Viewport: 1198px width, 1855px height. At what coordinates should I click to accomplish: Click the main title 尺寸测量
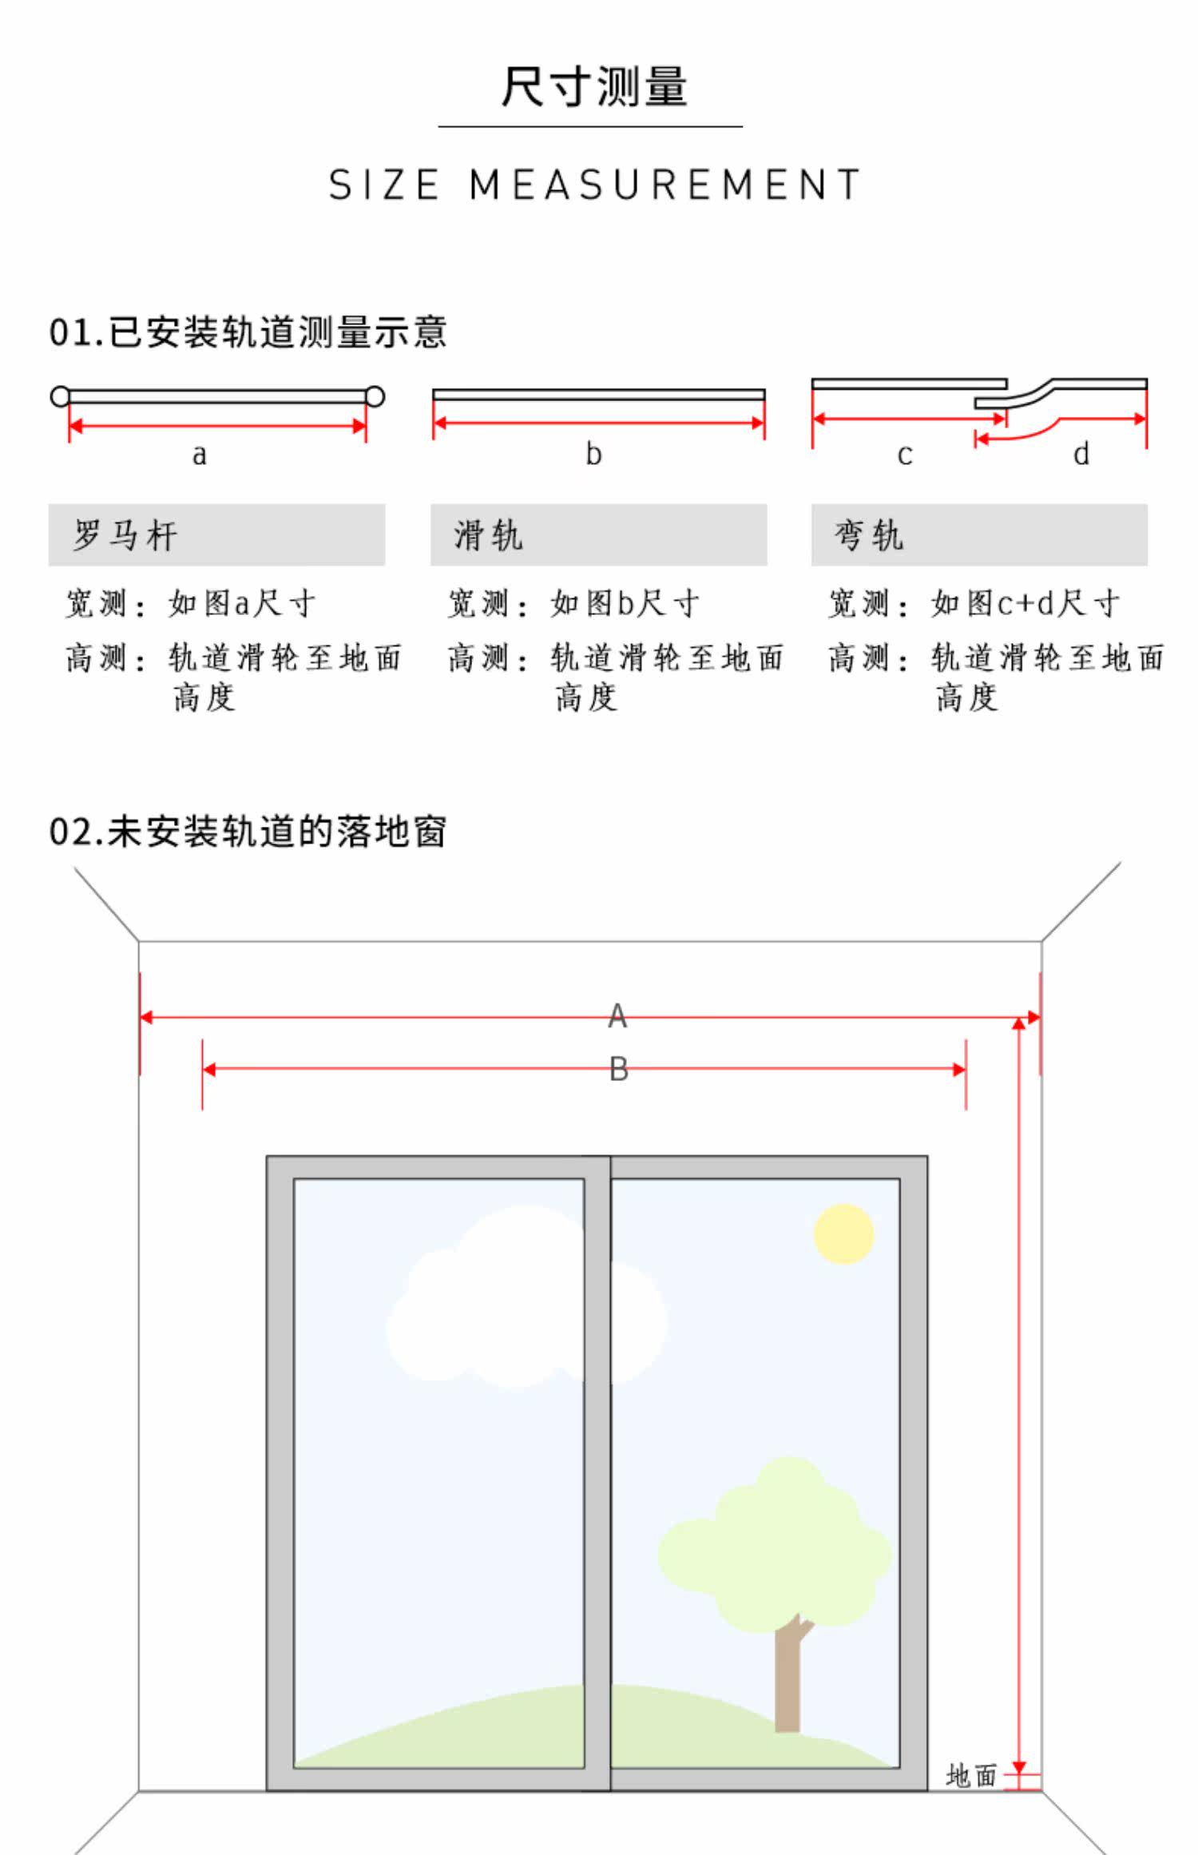[594, 86]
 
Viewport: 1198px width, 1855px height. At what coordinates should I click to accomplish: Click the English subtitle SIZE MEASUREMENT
[595, 185]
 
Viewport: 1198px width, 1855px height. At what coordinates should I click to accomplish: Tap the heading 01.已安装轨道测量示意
[248, 332]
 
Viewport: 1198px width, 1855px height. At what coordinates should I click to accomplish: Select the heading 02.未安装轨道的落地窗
[248, 832]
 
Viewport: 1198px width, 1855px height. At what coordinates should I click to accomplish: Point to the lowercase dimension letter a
[199, 455]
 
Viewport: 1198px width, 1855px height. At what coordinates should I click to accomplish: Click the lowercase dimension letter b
[593, 454]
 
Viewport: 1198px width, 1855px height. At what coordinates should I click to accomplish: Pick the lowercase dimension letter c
[904, 455]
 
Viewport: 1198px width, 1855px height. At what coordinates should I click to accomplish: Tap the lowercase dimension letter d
[1081, 454]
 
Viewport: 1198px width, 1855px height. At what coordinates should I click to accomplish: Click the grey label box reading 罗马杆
[216, 534]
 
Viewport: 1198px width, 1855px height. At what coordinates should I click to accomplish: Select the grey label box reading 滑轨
[598, 534]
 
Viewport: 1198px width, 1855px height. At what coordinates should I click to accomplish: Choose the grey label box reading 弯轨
[979, 534]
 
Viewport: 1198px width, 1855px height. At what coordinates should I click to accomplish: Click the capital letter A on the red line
[617, 1016]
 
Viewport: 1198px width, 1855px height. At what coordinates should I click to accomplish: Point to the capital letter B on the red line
[619, 1070]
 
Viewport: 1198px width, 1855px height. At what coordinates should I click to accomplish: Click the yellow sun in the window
[843, 1233]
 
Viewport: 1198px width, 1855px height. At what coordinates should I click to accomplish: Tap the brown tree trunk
[788, 1678]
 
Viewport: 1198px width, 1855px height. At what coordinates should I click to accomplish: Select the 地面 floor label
[971, 1776]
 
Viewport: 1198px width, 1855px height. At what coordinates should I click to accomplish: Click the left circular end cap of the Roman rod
[60, 396]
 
